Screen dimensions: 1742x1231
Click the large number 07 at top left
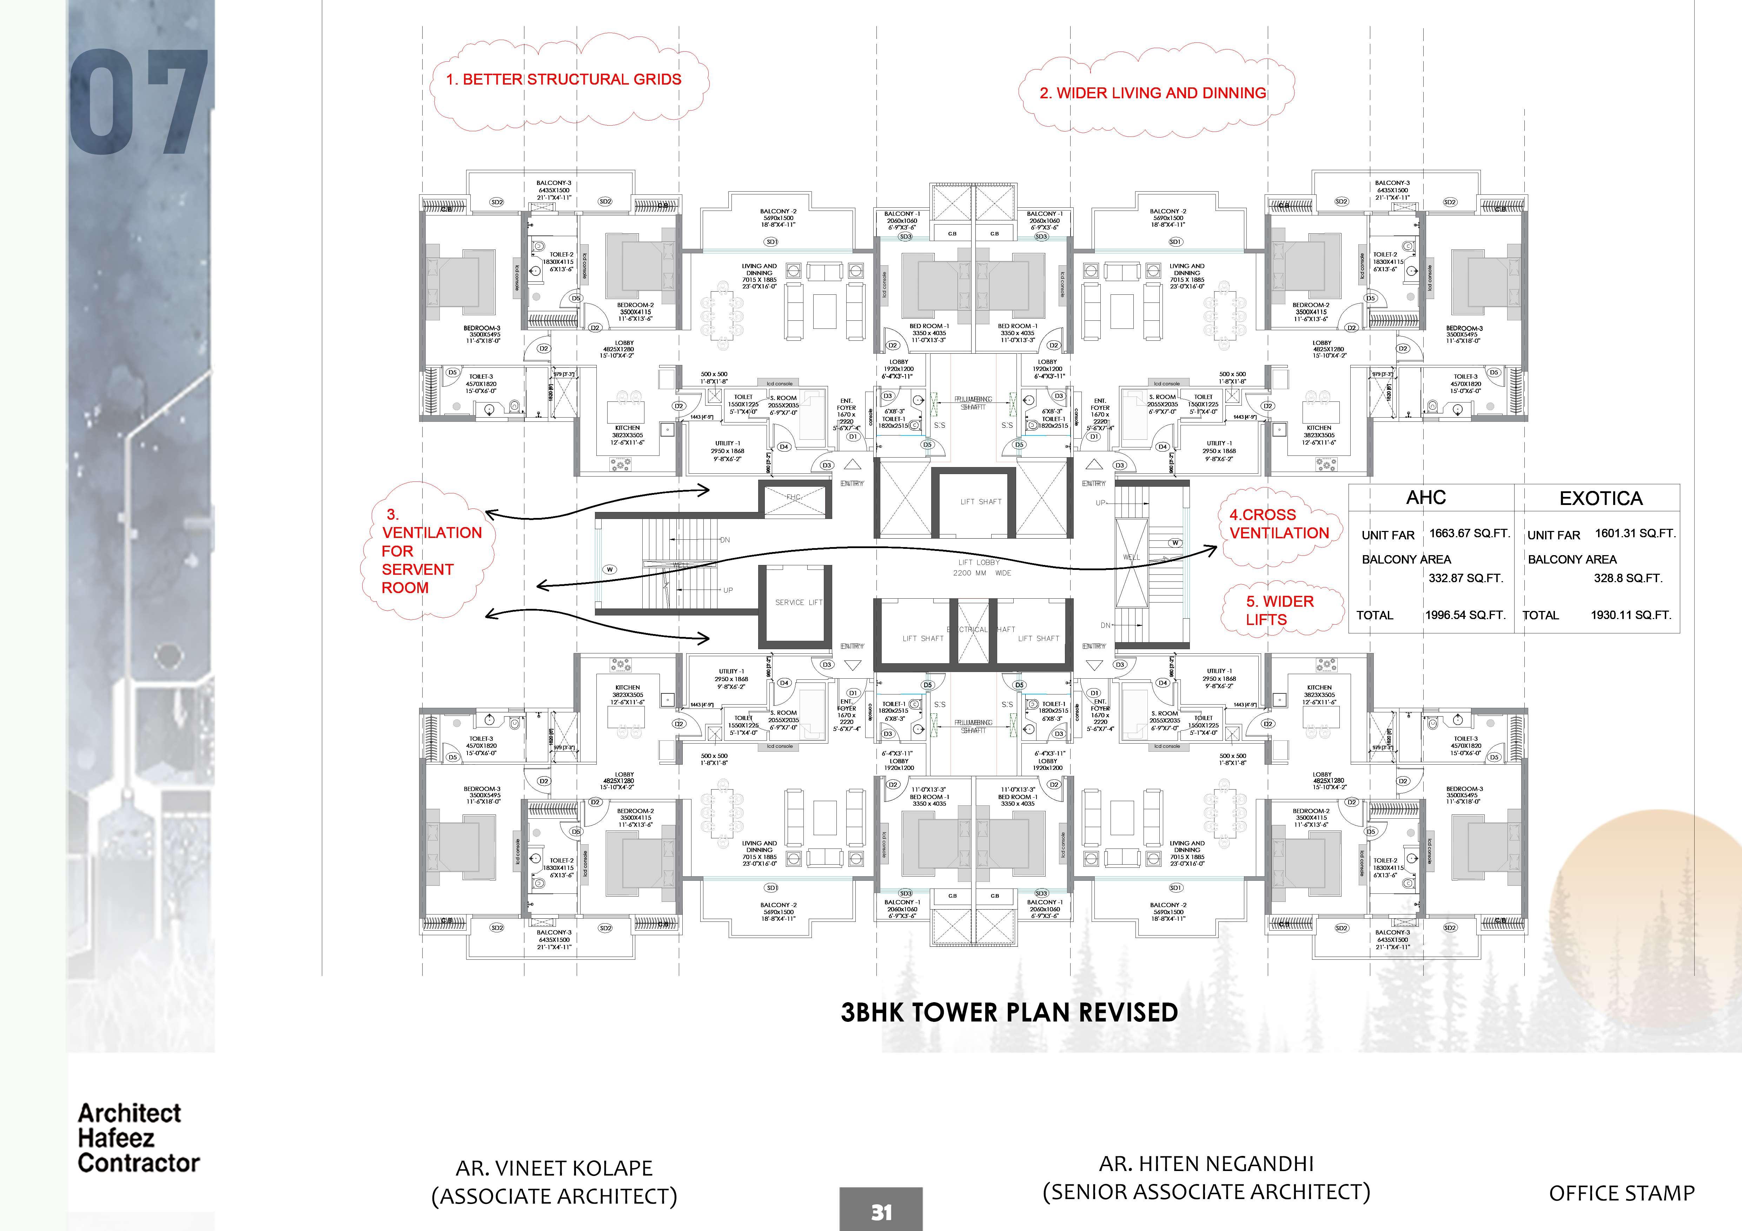[139, 102]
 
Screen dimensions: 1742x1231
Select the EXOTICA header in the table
[1601, 498]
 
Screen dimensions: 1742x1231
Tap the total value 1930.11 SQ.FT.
[1631, 615]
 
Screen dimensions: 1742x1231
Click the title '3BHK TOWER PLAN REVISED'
[1009, 1013]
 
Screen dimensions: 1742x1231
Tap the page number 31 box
[881, 1211]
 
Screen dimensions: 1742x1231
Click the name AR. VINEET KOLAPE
[554, 1168]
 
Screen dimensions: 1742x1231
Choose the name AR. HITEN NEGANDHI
[1206, 1164]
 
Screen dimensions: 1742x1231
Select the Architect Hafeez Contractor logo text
[138, 1138]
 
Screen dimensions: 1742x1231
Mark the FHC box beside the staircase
[794, 498]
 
